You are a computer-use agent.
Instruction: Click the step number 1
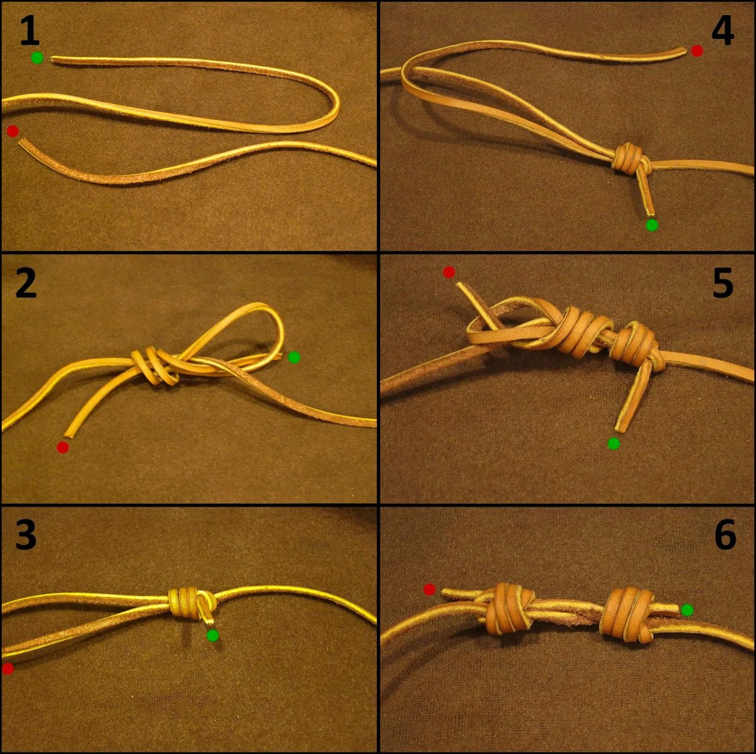click(30, 30)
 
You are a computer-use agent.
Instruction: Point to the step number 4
click(723, 30)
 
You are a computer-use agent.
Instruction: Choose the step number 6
click(724, 535)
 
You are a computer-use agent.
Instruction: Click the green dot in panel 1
click(37, 58)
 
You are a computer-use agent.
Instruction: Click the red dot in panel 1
click(13, 131)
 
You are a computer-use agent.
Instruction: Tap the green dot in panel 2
click(294, 357)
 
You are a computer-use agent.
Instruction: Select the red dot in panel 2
click(63, 447)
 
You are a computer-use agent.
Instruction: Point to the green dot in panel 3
click(213, 635)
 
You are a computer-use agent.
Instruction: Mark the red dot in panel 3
click(8, 668)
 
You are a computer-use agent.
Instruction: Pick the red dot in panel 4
click(697, 50)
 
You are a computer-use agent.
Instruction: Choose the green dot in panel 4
click(651, 225)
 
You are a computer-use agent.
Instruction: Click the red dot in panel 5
click(449, 272)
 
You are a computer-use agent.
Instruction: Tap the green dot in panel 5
click(614, 443)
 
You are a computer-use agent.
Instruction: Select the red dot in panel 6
click(430, 589)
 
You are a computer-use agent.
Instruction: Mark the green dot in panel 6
click(687, 610)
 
